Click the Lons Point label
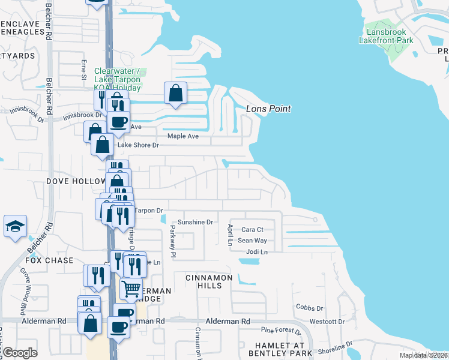pyautogui.click(x=268, y=109)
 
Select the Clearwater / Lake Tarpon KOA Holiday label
pyautogui.click(x=117, y=79)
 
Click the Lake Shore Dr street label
pyautogui.click(x=138, y=145)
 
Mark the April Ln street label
pyautogui.click(x=230, y=236)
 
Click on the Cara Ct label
pyautogui.click(x=252, y=230)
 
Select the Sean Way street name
pyautogui.click(x=252, y=241)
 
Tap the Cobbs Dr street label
pyautogui.click(x=310, y=308)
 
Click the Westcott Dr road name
pyautogui.click(x=327, y=322)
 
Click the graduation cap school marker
pyautogui.click(x=15, y=226)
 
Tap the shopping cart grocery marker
pyautogui.click(x=131, y=289)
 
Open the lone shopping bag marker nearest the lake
pyautogui.click(x=175, y=93)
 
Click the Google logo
pyautogui.click(x=20, y=353)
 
